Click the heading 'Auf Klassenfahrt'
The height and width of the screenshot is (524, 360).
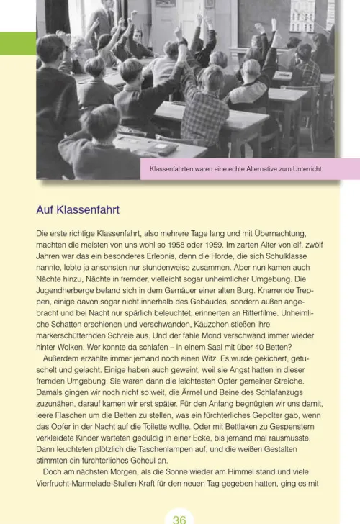[78, 210]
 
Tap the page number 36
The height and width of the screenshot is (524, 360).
[180, 518]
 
